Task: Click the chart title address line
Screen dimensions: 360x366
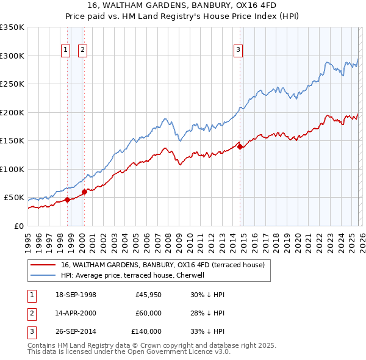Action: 182,5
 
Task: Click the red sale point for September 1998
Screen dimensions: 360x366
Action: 67,200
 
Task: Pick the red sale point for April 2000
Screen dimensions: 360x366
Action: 84,192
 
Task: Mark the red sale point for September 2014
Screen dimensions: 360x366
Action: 240,146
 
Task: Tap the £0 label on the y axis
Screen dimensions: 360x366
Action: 18,226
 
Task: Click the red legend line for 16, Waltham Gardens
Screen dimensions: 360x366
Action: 43,265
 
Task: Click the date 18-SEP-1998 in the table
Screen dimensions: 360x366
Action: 76,295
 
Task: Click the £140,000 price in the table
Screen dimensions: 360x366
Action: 146,331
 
